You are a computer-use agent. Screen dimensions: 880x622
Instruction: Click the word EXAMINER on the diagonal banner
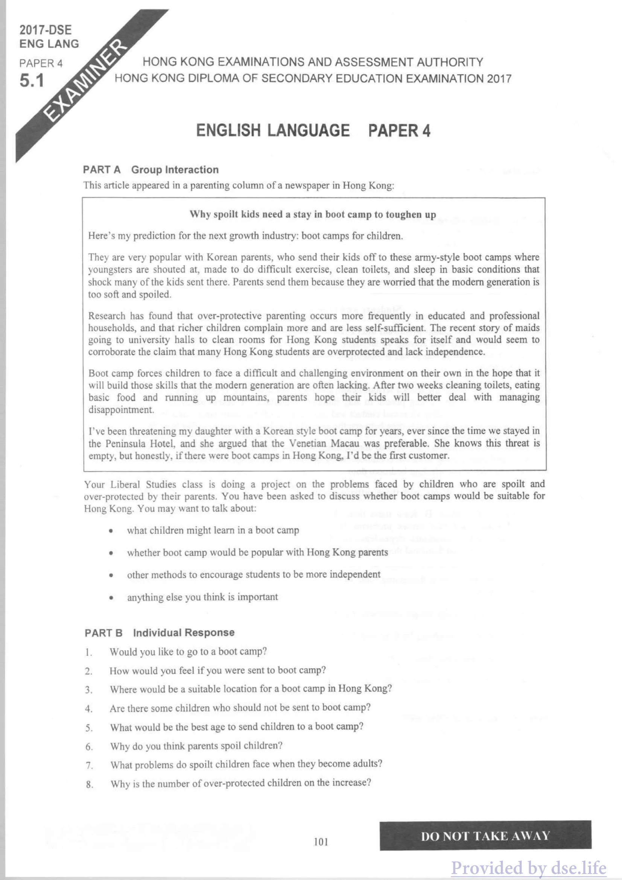(x=86, y=80)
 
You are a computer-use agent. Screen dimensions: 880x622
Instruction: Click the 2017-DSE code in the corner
(x=46, y=30)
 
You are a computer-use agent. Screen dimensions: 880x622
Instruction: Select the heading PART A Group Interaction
(x=151, y=170)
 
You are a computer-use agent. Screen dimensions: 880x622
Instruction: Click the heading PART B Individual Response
(x=160, y=633)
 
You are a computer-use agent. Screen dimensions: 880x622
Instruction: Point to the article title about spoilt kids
(x=313, y=214)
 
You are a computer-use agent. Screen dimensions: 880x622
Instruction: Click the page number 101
(x=321, y=842)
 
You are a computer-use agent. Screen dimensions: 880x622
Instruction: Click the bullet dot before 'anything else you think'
(x=111, y=597)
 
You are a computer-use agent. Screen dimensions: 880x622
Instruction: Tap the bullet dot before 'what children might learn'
(x=111, y=531)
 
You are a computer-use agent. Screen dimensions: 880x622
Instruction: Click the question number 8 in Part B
(x=89, y=784)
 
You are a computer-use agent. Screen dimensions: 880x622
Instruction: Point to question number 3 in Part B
(x=88, y=690)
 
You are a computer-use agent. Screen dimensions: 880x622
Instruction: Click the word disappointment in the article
(x=121, y=410)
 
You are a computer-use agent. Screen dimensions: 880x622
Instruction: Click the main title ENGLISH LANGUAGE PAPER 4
(x=313, y=131)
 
